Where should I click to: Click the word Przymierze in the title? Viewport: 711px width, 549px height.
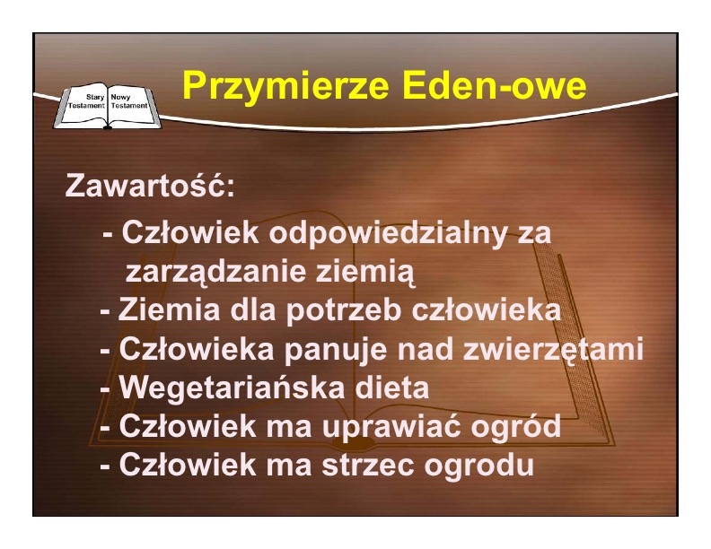point(285,85)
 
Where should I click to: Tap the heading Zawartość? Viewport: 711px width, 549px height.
point(150,185)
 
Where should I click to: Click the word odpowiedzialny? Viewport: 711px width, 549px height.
point(387,234)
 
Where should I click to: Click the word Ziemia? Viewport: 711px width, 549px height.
point(169,309)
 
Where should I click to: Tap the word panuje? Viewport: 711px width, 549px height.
point(336,350)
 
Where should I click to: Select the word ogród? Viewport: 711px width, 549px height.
point(515,427)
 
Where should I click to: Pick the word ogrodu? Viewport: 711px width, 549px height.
point(478,466)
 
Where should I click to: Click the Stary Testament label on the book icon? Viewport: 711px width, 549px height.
point(86,101)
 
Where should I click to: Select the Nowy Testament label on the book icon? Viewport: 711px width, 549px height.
point(129,101)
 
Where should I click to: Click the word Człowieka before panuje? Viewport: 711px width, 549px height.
point(197,349)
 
